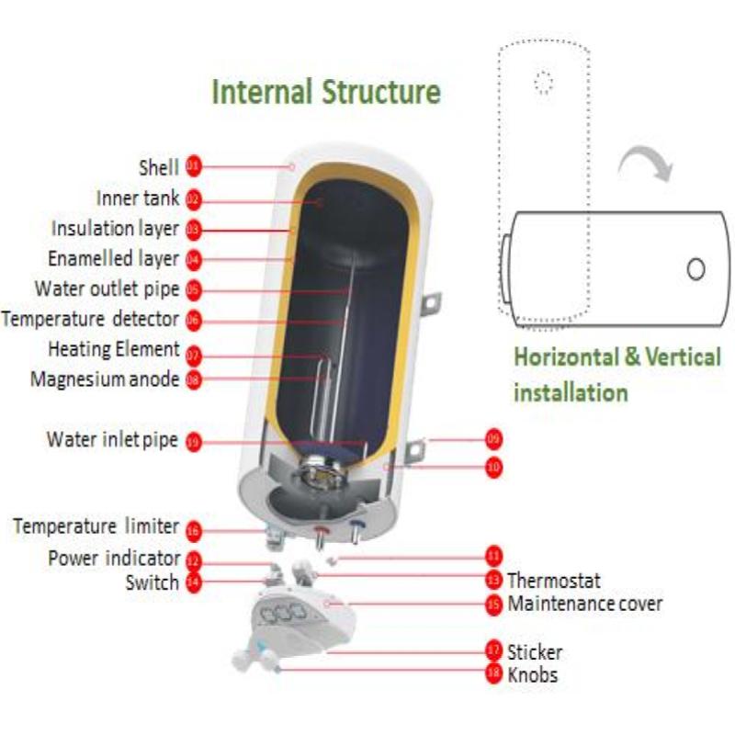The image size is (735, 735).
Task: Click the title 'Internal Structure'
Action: click(326, 93)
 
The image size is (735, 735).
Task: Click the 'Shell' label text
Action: click(158, 167)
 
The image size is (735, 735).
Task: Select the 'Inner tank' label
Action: click(138, 198)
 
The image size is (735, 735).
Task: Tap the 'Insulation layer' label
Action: click(115, 229)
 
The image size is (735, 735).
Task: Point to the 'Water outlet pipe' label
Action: click(107, 288)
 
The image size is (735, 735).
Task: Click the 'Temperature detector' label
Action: click(90, 320)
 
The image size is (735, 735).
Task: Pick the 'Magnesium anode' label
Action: click(105, 379)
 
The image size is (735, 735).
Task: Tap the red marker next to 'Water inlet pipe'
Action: click(193, 441)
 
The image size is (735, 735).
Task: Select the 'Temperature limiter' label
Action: click(96, 526)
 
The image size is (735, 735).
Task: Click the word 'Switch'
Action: click(153, 582)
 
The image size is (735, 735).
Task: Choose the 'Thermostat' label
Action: click(553, 581)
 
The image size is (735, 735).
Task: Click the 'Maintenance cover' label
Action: click(584, 604)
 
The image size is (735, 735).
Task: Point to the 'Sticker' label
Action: click(534, 652)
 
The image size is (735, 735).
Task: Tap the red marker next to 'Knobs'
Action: click(492, 673)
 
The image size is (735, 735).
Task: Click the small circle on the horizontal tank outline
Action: click(696, 268)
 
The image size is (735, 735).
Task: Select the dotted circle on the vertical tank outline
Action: click(544, 83)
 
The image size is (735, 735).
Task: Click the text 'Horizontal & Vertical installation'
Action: click(616, 374)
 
